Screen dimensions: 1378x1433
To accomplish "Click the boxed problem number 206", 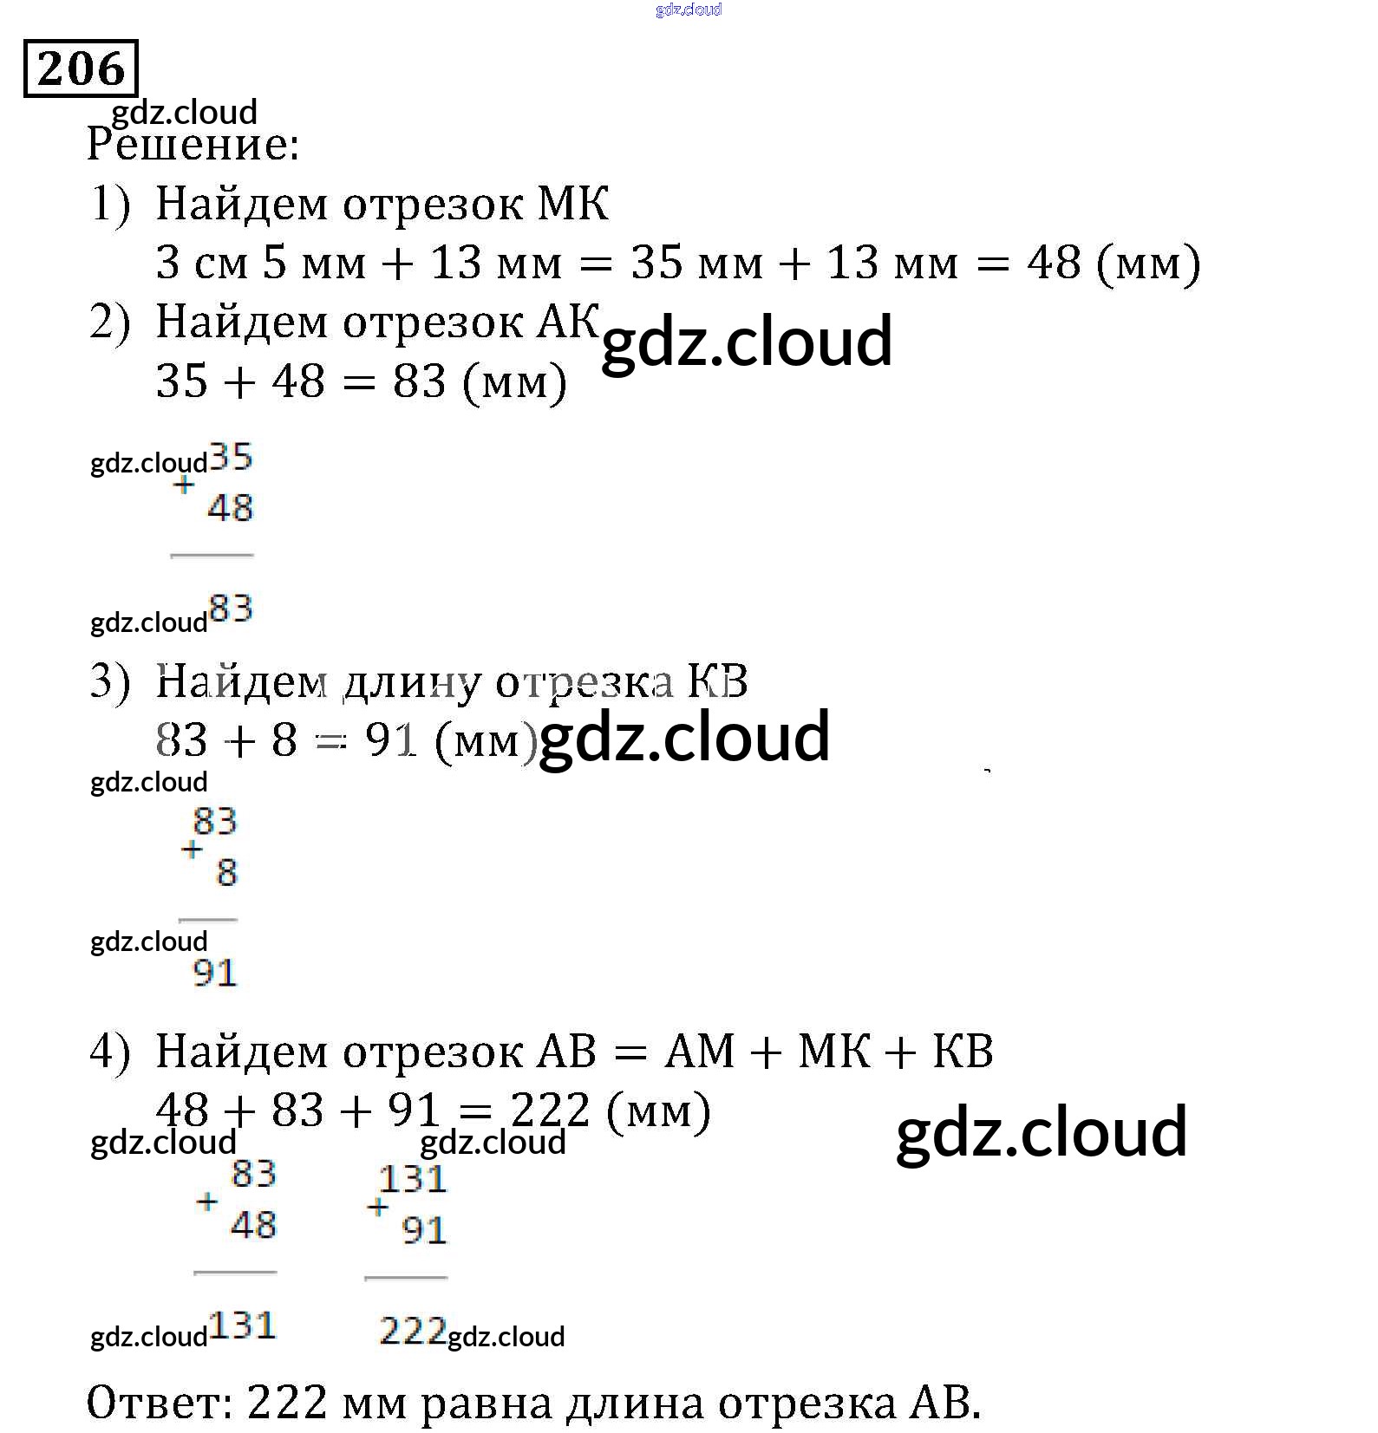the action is tap(80, 68).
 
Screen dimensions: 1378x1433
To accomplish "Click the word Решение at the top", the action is tap(192, 145).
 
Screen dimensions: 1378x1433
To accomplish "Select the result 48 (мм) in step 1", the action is tap(1114, 263).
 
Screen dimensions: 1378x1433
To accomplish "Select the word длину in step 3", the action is tap(411, 684).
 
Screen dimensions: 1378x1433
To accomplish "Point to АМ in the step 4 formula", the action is tap(700, 1052).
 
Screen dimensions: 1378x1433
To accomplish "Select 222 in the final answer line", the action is tap(287, 1402).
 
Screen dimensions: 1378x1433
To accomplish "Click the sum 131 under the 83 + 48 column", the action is tap(243, 1326).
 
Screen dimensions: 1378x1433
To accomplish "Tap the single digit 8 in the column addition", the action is tap(226, 872).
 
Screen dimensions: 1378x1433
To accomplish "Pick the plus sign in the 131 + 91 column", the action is tap(377, 1207).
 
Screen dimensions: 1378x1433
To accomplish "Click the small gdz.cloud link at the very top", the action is tap(689, 10).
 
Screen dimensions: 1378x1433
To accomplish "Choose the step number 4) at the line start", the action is tap(110, 1052).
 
